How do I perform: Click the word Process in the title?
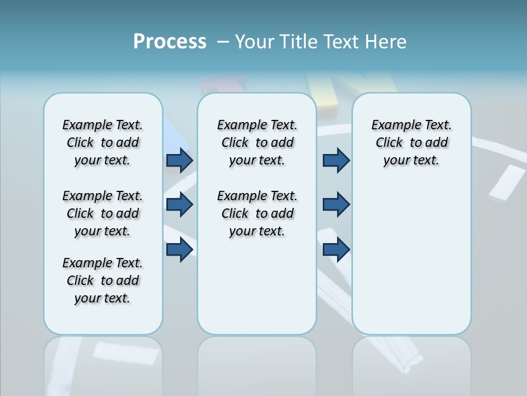coord(170,42)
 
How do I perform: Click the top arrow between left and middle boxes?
coord(180,161)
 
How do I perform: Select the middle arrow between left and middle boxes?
coord(180,205)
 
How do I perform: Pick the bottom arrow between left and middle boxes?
coord(180,250)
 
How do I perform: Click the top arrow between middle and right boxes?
coord(336,161)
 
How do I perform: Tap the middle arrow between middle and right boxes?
coord(336,205)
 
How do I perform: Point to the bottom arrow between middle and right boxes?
coord(336,250)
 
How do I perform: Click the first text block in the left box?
coord(103,142)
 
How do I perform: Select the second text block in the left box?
coord(103,213)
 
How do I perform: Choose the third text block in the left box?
coord(103,280)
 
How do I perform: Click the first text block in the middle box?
coord(257,142)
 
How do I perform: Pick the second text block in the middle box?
coord(257,213)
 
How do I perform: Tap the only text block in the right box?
coord(412,142)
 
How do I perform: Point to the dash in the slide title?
coord(223,42)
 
